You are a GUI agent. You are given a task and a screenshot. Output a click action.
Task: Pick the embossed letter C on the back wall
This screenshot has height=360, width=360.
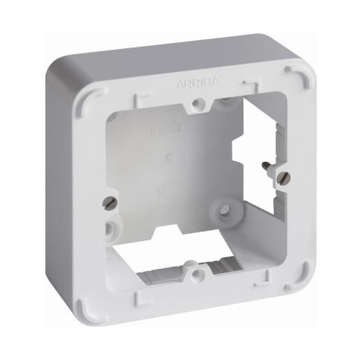(171, 157)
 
